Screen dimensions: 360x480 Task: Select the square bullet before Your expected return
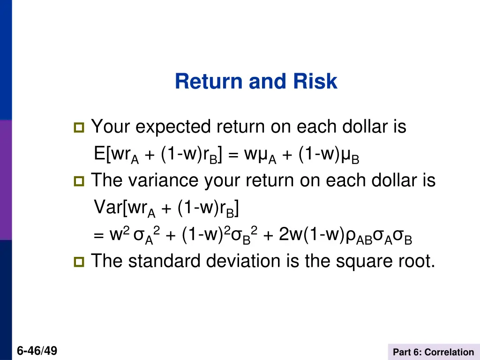78,127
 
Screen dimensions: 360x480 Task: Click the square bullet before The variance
78,181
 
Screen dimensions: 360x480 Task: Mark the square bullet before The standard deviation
78,261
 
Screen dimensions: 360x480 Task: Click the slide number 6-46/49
37,350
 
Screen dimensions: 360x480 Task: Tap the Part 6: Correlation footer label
434,352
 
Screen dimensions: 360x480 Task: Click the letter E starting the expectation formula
99,153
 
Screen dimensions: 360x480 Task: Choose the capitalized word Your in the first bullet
111,127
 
